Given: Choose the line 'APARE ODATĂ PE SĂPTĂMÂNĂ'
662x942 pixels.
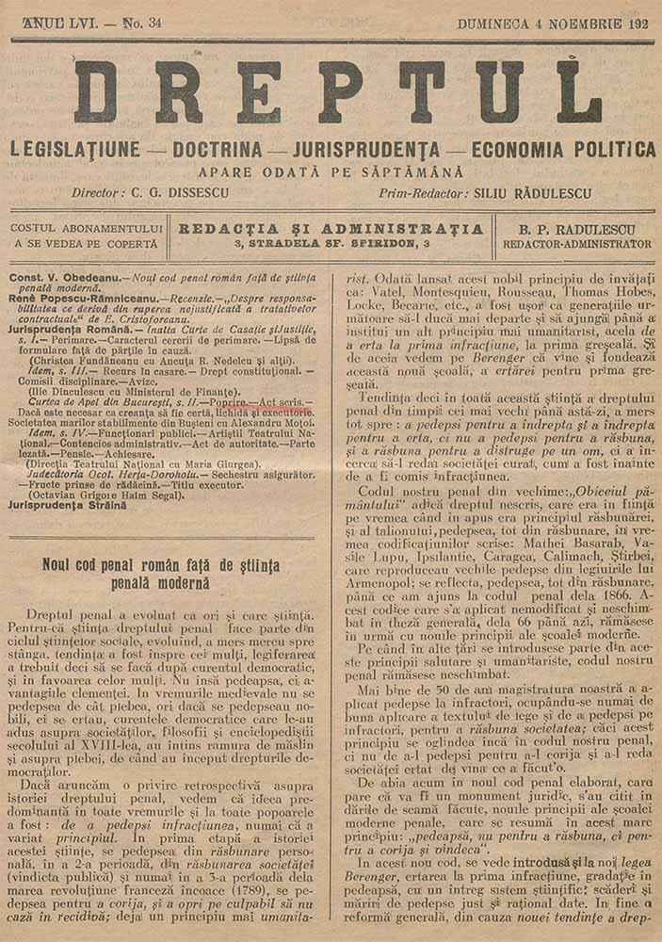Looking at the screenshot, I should (331, 172).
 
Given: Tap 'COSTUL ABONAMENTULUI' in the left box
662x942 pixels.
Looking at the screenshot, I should (84, 228).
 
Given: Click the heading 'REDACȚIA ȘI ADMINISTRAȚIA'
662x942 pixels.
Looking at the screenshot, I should (332, 228).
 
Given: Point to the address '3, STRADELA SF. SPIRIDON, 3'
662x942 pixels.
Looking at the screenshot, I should (332, 243).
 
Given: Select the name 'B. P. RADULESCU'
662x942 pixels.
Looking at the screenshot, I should (576, 228).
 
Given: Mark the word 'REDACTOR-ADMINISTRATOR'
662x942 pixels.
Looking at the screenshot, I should (576, 243).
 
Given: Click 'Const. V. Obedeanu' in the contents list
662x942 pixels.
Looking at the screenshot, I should (62, 278).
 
